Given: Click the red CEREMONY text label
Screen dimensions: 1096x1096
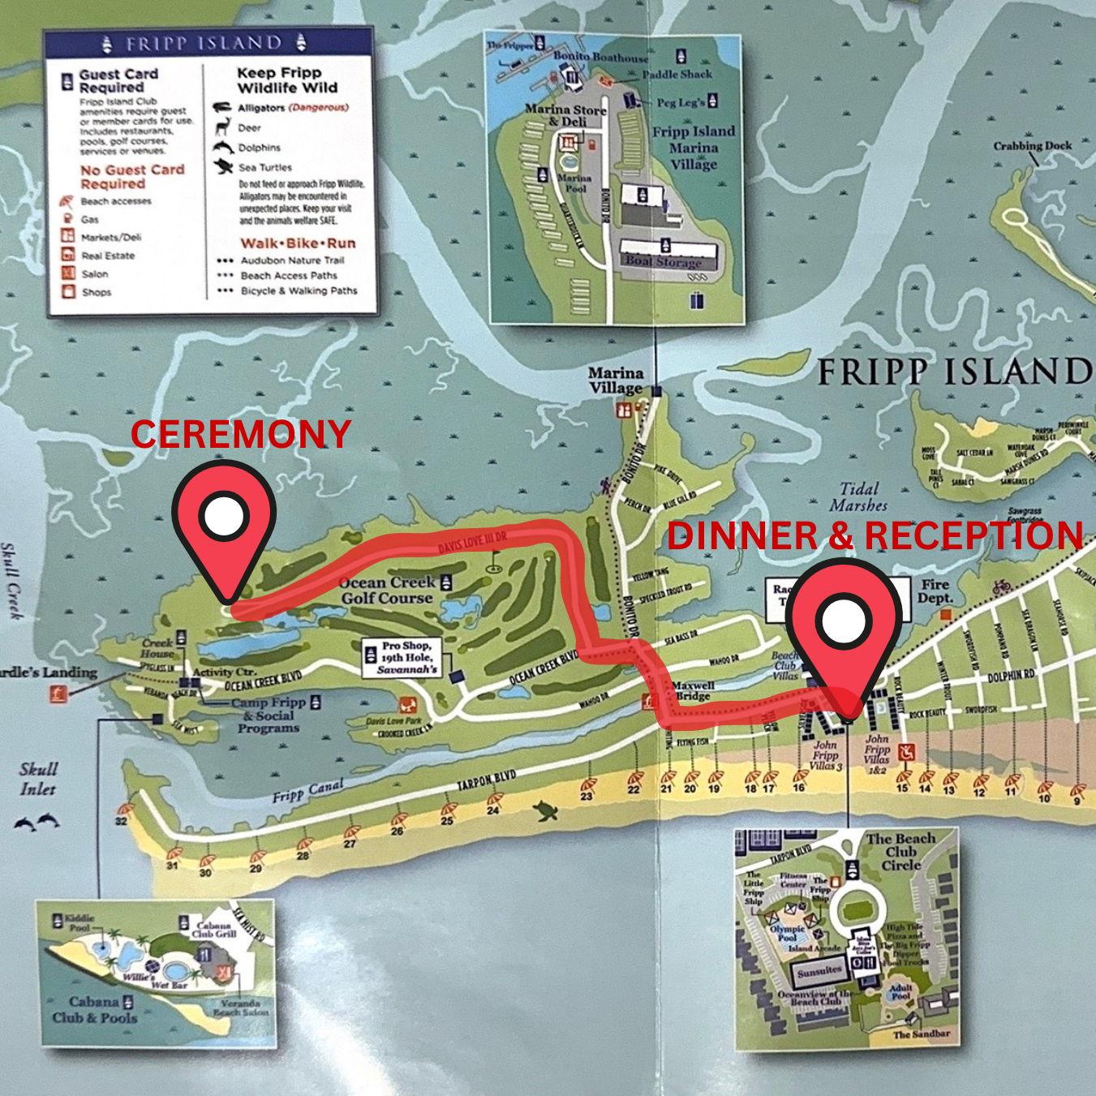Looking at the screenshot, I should [241, 434].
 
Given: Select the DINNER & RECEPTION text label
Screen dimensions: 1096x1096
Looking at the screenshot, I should [875, 536].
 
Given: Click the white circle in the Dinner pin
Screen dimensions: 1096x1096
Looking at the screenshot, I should [845, 621].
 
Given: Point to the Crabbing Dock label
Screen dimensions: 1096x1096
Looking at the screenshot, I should [1032, 146].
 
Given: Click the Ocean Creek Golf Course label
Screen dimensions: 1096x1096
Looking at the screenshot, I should [387, 590].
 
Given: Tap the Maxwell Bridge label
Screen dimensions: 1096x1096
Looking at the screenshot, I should [692, 690].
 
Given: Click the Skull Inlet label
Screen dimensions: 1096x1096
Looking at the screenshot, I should [38, 778].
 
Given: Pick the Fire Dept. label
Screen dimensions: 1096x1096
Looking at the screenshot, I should [935, 591].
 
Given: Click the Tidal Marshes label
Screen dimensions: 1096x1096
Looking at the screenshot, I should [857, 496].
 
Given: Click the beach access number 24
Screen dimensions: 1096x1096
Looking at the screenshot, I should [493, 810].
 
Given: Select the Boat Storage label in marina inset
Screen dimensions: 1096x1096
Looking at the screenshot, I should [663, 262].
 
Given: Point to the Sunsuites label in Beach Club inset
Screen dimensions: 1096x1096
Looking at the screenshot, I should [819, 970].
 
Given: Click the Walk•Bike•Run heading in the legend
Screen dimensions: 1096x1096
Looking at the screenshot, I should [297, 243].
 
